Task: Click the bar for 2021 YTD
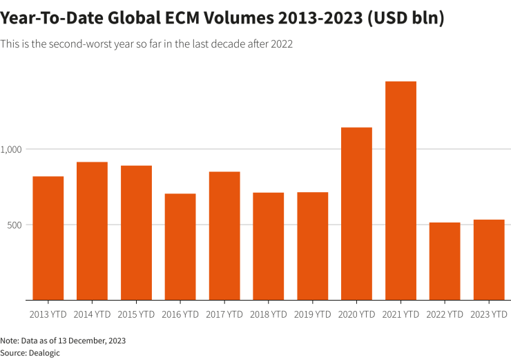[401, 191]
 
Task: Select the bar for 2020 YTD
[356, 214]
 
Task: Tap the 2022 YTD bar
[445, 261]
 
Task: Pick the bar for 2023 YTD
[489, 260]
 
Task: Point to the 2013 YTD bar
[48, 238]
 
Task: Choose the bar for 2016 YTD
[180, 247]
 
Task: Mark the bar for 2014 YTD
[92, 231]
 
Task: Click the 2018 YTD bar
[269, 246]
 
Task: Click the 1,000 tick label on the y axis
[12, 149]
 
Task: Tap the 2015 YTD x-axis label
[136, 314]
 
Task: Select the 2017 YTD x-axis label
[224, 314]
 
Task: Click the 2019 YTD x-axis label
[313, 314]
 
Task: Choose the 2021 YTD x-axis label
[401, 314]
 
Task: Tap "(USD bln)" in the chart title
[405, 19]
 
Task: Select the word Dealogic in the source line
[45, 352]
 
